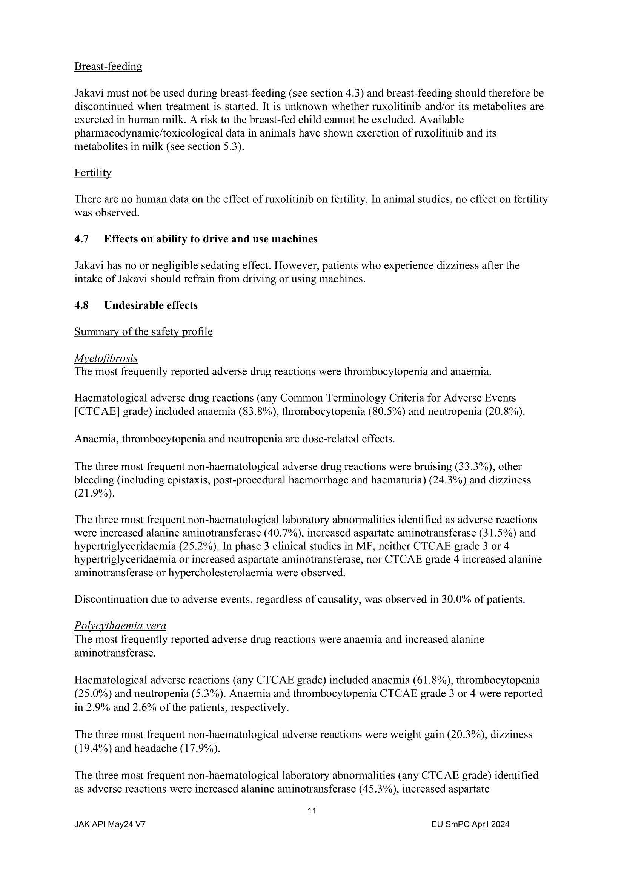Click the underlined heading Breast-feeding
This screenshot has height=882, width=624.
coord(108,66)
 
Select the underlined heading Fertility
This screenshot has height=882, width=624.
coord(92,173)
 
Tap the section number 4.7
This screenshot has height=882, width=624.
coord(81,239)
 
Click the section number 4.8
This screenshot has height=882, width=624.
coord(81,305)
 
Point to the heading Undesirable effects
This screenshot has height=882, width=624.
coord(151,305)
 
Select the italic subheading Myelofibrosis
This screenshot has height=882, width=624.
coord(106,358)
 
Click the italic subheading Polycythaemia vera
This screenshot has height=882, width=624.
coord(120,626)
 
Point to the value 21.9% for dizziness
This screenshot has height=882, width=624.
coord(94,494)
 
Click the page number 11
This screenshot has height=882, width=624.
coord(312,811)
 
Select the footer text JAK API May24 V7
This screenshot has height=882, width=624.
coord(110,824)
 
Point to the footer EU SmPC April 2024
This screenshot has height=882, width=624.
coord(470,824)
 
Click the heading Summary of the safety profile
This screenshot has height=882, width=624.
coord(143,332)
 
